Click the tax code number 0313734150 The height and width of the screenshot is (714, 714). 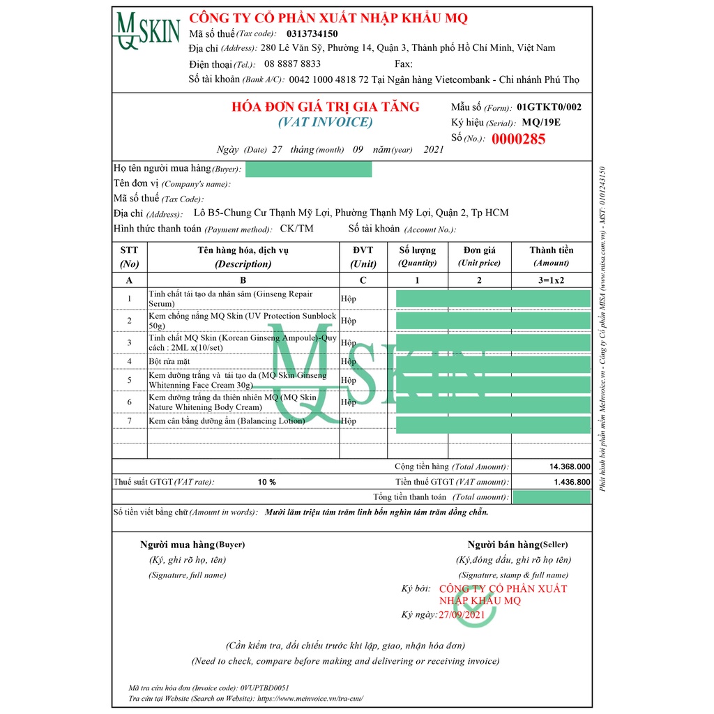pos(310,33)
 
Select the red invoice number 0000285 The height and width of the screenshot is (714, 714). pos(518,139)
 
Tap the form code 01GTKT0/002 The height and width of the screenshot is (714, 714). pos(549,107)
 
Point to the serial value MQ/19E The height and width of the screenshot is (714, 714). pos(541,123)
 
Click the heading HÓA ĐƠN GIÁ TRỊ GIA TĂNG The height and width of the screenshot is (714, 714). pos(326,107)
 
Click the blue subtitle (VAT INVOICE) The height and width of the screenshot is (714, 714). pos(326,123)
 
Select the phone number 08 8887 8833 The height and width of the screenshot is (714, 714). pos(293,63)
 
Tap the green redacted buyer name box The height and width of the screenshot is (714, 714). pos(308,169)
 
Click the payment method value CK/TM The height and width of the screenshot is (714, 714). pos(296,229)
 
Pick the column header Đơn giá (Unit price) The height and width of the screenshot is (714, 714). pos(480,256)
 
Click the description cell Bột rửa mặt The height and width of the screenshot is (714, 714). pos(169,361)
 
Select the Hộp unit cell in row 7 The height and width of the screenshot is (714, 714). pos(348,421)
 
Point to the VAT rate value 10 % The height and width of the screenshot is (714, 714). pos(266,482)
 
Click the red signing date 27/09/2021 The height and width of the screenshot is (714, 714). pos(461,614)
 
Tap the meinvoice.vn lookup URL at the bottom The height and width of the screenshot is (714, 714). pos(310,698)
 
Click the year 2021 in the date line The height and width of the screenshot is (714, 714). pos(434,150)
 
